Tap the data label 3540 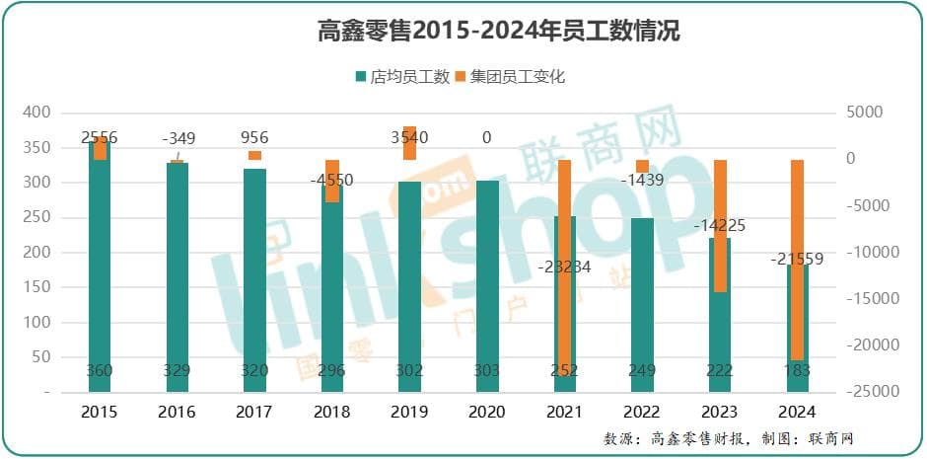coord(409,138)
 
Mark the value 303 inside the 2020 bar coord(487,370)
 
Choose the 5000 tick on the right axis coord(866,113)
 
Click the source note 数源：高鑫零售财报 coord(680,438)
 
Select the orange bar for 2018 coord(332,182)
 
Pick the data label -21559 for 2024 coord(797,260)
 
